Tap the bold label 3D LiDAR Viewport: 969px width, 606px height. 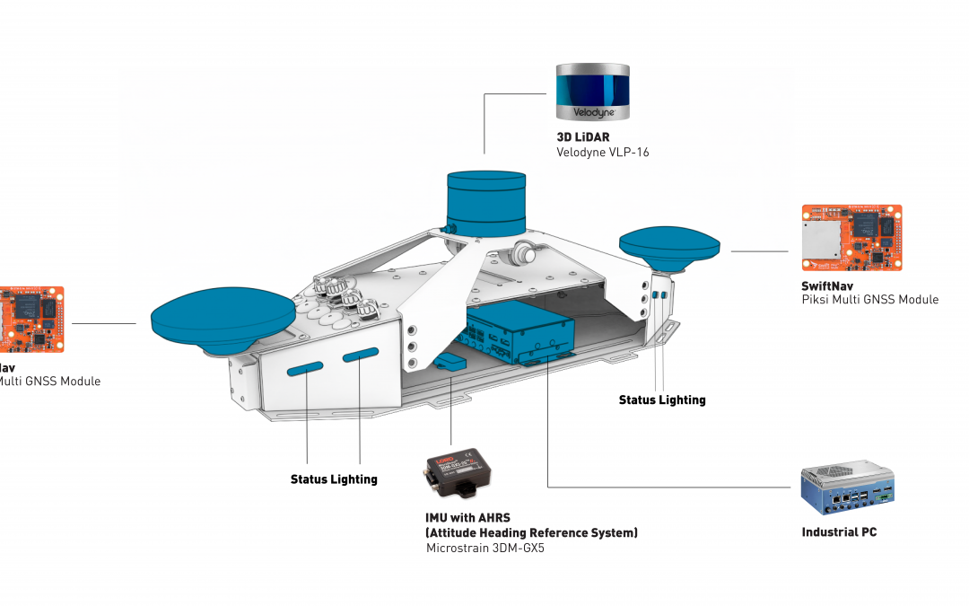584,137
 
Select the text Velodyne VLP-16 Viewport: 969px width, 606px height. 602,153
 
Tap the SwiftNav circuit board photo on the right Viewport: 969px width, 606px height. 851,238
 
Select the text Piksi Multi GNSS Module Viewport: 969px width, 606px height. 869,300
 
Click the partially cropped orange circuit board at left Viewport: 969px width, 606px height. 31,321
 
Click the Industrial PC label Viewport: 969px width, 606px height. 839,532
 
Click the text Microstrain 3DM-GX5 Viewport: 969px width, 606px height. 484,548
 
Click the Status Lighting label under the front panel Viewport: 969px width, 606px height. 334,479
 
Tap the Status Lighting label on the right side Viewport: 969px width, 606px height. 662,400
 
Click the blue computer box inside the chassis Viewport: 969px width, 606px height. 520,331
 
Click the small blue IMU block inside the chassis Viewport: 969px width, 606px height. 450,362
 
